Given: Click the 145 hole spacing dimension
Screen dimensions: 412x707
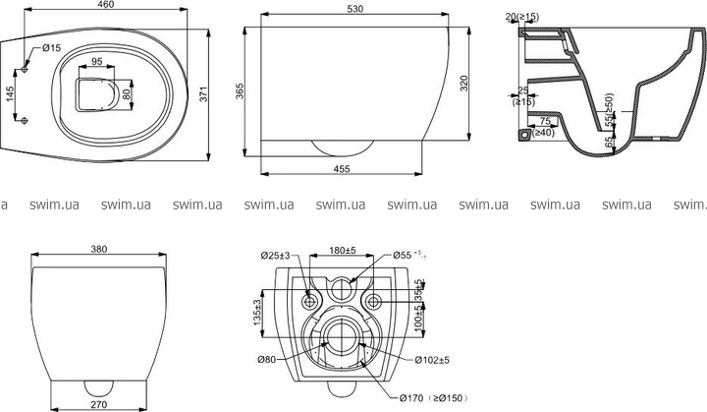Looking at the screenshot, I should click(9, 95).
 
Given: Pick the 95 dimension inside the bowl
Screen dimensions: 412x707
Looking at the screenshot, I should click(96, 61).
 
